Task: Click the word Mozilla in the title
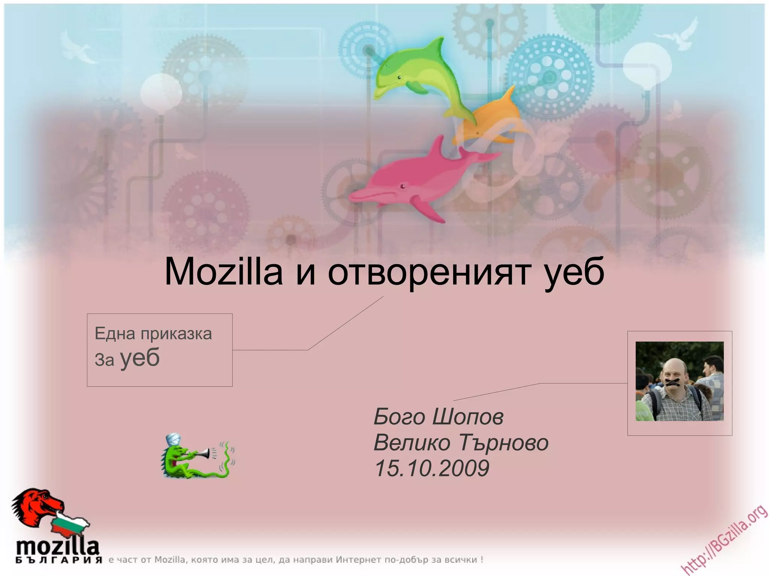point(224,272)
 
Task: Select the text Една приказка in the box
point(153,333)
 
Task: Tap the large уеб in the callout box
point(140,358)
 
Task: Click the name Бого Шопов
point(438,417)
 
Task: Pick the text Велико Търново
point(461,442)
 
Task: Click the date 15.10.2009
point(432,468)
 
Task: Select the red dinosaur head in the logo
point(38,505)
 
